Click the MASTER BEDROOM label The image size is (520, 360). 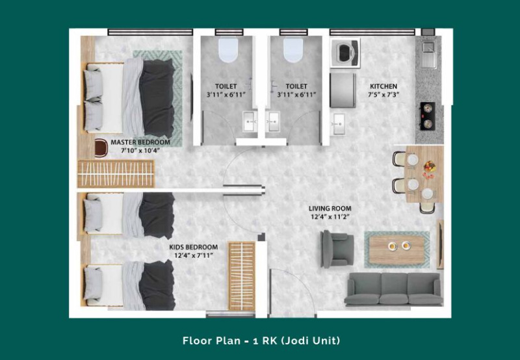tap(140, 142)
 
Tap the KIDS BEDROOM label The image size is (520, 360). tap(193, 247)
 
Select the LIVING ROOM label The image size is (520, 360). tap(330, 209)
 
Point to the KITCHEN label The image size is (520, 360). tap(383, 86)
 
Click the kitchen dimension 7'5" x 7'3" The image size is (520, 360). tap(383, 94)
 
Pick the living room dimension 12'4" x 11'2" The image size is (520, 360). tap(330, 217)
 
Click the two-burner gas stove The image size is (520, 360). tap(428, 116)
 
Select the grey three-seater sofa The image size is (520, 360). tap(394, 289)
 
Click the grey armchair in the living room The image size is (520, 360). tap(336, 249)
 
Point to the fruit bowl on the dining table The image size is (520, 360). tap(429, 166)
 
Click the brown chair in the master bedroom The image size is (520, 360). tap(101, 148)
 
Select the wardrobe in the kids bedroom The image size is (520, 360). tap(242, 276)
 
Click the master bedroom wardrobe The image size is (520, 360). tap(116, 174)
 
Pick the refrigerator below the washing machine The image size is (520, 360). tap(343, 90)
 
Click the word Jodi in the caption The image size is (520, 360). tap(296, 341)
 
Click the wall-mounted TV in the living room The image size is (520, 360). tap(441, 244)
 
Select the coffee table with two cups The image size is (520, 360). tap(396, 250)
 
